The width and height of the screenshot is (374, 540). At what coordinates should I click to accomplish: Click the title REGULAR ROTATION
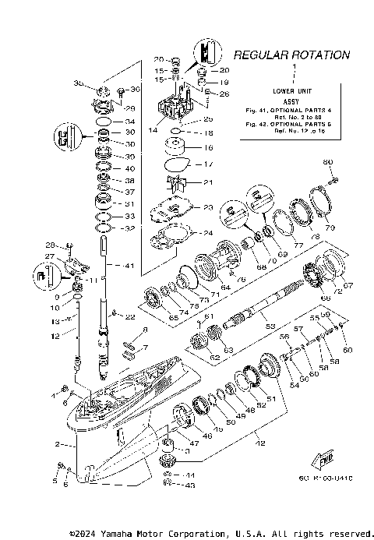(292, 55)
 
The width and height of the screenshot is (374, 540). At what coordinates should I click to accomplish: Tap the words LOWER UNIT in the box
(294, 92)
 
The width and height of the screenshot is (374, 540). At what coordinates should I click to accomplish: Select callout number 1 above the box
(294, 69)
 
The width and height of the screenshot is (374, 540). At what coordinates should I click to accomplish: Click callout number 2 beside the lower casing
(58, 444)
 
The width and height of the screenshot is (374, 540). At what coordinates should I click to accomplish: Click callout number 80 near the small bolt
(327, 161)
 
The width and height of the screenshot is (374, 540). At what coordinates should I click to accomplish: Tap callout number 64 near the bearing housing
(224, 288)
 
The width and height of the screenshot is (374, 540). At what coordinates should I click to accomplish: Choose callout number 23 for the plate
(207, 207)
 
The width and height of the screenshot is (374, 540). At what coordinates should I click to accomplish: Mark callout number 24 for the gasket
(207, 232)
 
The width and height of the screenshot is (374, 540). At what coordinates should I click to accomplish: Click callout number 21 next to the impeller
(207, 182)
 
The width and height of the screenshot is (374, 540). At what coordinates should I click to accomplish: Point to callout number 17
(207, 164)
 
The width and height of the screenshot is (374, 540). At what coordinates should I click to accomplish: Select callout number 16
(207, 147)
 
